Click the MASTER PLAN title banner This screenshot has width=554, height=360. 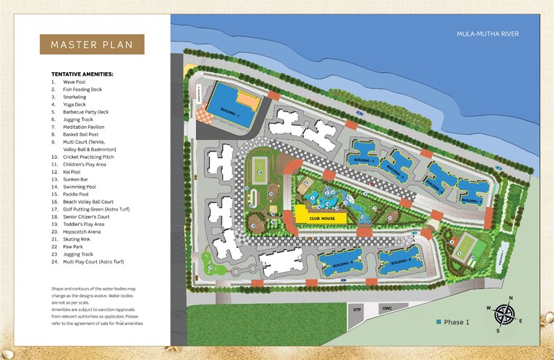tap(92, 44)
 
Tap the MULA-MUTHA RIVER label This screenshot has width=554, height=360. tap(487, 34)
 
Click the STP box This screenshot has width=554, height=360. tap(357, 310)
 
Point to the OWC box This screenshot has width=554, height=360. tap(388, 310)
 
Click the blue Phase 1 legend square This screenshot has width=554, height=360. tap(440, 322)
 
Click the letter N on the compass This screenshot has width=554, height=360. tap(510, 298)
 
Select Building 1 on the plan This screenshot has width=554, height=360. tap(232, 107)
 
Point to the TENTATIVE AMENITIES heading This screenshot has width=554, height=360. tap(82, 74)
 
